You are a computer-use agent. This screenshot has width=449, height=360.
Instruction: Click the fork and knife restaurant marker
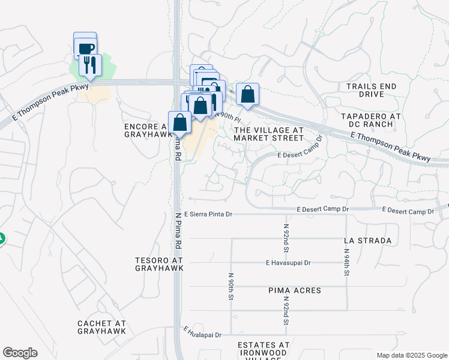click(x=90, y=64)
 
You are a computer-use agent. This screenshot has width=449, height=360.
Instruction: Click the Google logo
click(x=20, y=353)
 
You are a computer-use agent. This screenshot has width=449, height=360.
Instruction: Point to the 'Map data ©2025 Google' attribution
click(x=411, y=355)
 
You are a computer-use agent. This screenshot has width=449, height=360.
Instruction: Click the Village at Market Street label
click(x=268, y=134)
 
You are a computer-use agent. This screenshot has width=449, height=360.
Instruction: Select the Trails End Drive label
click(x=372, y=90)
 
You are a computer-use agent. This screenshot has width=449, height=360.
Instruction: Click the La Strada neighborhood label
click(x=368, y=241)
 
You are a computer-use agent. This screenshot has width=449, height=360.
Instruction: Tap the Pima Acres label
click(x=295, y=290)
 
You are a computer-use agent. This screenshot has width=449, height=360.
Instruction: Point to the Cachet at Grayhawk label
click(x=101, y=327)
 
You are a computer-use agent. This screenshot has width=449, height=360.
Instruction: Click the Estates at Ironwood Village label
click(x=264, y=349)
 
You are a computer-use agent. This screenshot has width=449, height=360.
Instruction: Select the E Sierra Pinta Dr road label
click(x=208, y=214)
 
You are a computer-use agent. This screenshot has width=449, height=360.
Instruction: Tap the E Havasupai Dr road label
click(x=288, y=263)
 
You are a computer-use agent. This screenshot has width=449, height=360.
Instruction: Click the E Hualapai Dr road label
click(x=202, y=332)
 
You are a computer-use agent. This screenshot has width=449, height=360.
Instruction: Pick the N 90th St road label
click(x=231, y=286)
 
